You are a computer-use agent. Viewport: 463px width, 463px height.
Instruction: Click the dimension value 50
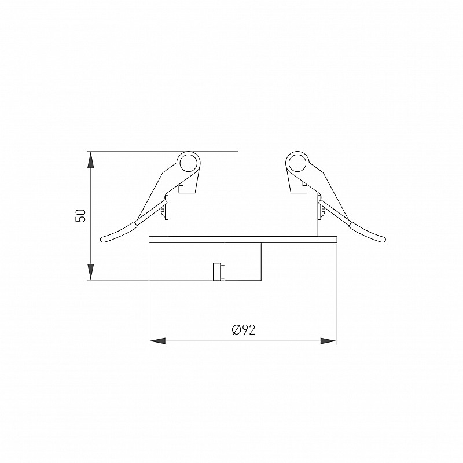[x=80, y=215]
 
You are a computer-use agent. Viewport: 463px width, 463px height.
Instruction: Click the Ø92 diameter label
[x=243, y=330]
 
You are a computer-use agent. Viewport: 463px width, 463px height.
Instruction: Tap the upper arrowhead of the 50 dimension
[x=91, y=160]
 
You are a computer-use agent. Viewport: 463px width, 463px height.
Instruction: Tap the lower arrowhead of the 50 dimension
[x=91, y=271]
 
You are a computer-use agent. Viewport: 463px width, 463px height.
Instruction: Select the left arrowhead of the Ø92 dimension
[x=157, y=341]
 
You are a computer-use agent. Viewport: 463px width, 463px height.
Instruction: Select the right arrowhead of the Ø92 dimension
[x=328, y=341]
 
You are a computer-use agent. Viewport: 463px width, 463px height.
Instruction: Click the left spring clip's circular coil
[x=189, y=162]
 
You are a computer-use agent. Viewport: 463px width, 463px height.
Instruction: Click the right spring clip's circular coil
[x=297, y=162]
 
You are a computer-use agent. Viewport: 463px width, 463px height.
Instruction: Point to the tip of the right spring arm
[x=383, y=240]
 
